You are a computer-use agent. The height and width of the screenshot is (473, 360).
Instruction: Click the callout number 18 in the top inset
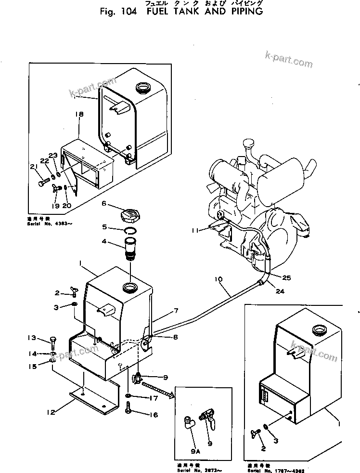tap(79, 114)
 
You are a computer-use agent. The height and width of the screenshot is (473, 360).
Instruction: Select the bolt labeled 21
tap(42, 184)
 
